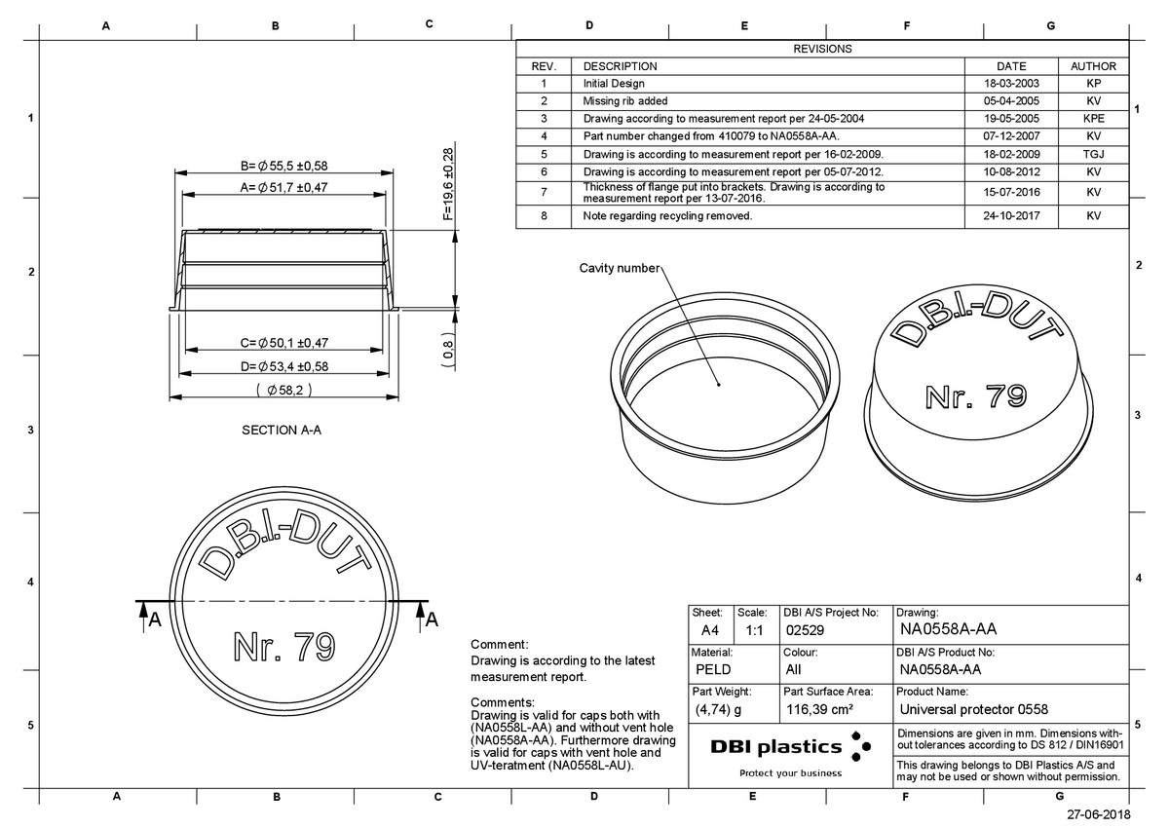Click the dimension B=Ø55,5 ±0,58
(x=283, y=166)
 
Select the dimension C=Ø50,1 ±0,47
(x=283, y=343)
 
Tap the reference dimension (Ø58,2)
(x=283, y=390)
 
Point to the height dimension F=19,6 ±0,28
(x=448, y=184)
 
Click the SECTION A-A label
(x=282, y=430)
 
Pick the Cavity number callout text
(x=620, y=268)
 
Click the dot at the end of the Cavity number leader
(x=719, y=385)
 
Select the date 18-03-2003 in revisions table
(x=1011, y=84)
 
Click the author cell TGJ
(x=1093, y=155)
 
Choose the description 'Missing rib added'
(x=624, y=100)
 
